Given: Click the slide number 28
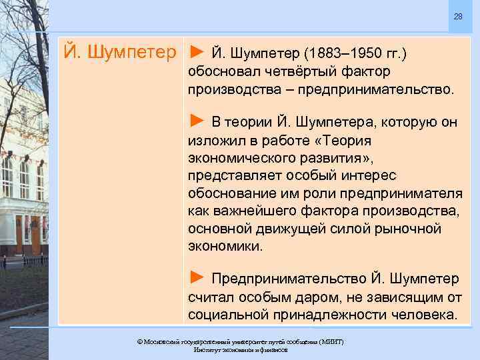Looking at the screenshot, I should [x=459, y=16].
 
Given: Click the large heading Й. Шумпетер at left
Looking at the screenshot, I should [x=122, y=51].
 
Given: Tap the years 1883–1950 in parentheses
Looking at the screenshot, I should [x=339, y=51].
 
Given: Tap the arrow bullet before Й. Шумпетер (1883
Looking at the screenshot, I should [x=197, y=51].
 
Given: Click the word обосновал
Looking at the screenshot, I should [x=221, y=71].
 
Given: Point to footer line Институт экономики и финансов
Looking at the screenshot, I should [x=240, y=350].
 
